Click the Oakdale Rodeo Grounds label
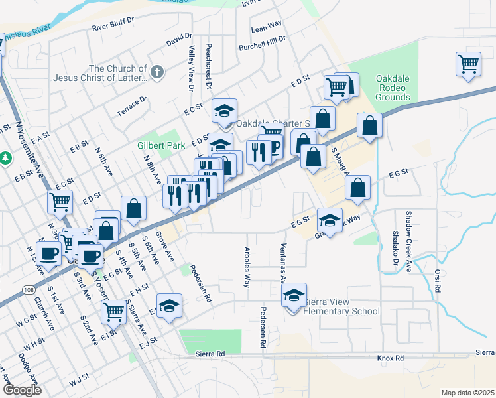coord(393,88)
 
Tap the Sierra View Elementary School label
coord(341,306)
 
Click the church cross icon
coord(157,72)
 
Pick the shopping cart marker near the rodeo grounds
coord(468,64)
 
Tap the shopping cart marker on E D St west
coord(60,200)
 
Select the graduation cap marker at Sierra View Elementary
coord(293,295)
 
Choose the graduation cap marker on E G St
coord(330,218)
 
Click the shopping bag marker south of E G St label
coord(357,188)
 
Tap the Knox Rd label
coord(390,358)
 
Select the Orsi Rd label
coord(438,281)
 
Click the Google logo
coord(22,390)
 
